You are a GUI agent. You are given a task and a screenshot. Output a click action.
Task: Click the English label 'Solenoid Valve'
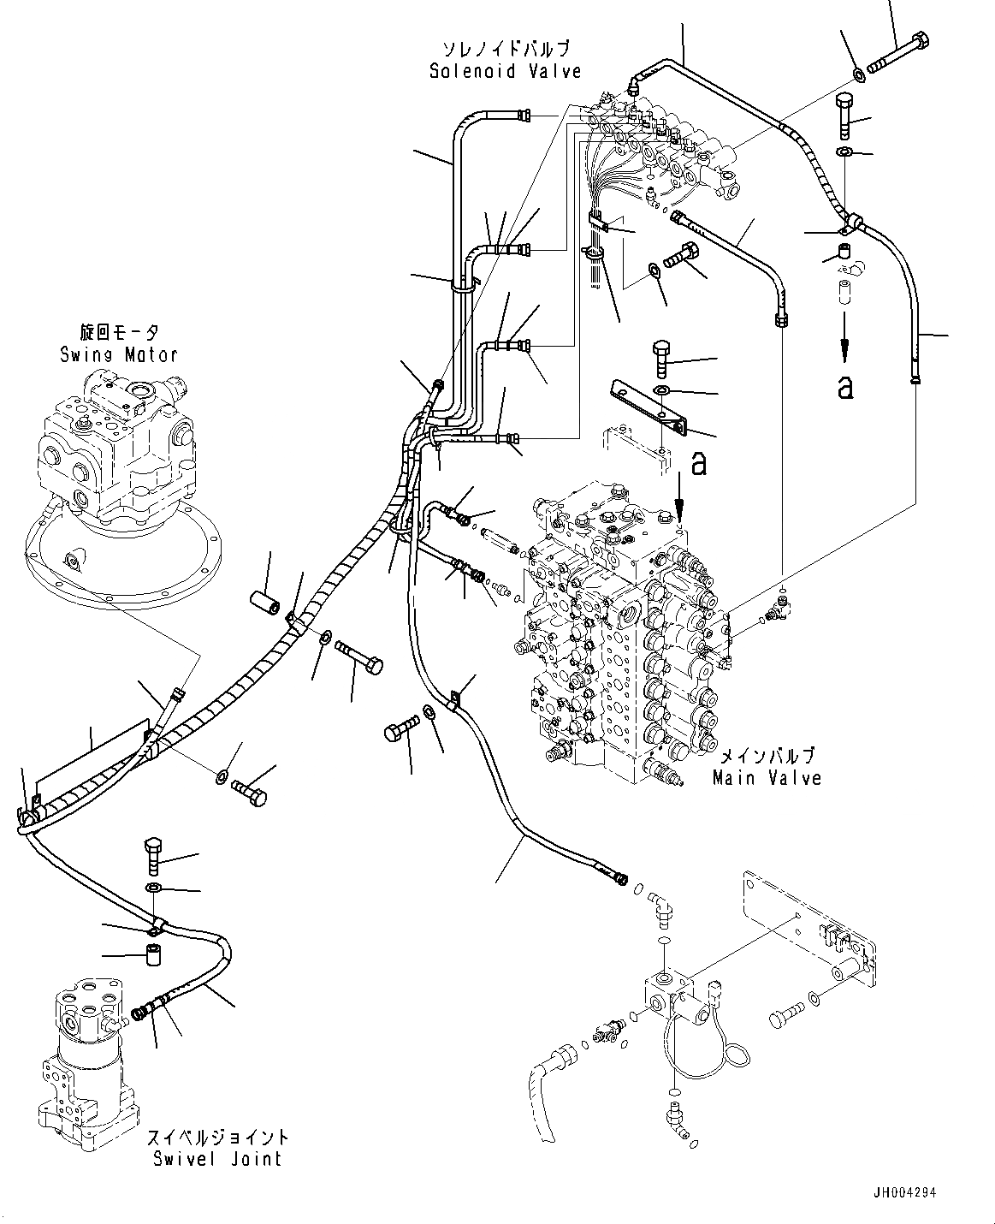pos(505,71)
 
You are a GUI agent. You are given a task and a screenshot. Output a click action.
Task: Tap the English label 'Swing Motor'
pos(119,354)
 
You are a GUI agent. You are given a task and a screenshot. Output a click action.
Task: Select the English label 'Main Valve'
pos(767,778)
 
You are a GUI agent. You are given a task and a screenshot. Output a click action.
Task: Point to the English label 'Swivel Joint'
pos(216,1159)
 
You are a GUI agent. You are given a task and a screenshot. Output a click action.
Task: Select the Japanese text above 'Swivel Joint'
pos(217,1138)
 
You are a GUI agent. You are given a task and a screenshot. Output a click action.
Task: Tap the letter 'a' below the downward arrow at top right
pos(845,387)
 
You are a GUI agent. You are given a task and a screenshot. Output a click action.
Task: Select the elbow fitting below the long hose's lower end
pos(660,911)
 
